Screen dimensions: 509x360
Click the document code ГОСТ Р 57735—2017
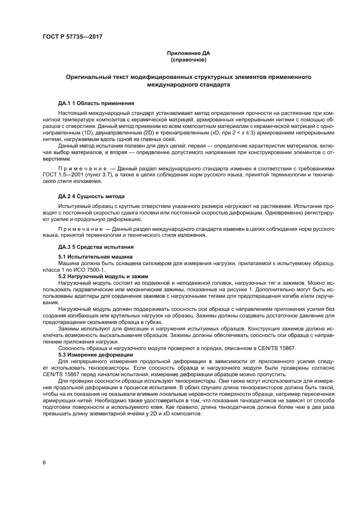coord(72,36)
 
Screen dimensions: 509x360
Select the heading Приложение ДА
coord(188,53)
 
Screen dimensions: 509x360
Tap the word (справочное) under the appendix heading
coord(188,60)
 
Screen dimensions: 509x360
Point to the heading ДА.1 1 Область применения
coord(96,103)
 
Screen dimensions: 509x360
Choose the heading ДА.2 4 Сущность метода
coord(91,195)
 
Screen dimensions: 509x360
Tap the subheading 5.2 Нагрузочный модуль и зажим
coord(103,276)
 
